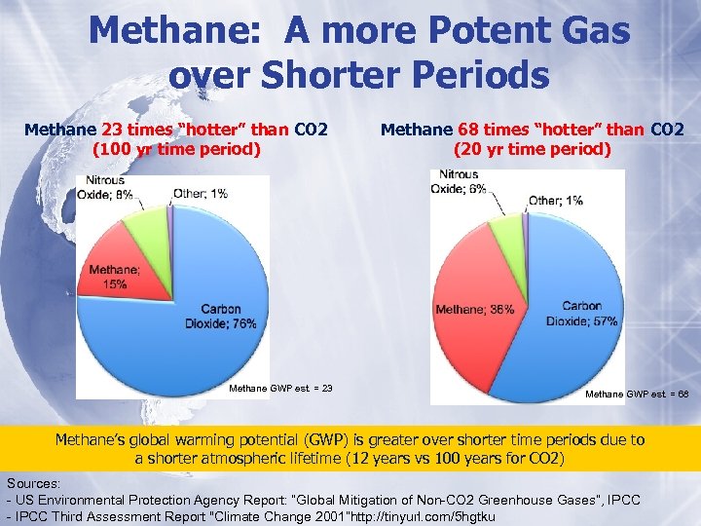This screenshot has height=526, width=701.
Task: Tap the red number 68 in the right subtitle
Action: click(470, 130)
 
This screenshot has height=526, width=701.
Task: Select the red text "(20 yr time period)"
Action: click(532, 150)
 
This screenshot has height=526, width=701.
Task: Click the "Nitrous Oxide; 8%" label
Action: click(108, 187)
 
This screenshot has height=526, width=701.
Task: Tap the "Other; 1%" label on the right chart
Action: click(555, 200)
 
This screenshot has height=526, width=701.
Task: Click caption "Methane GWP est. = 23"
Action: click(280, 388)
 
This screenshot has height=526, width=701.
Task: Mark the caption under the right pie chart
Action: click(637, 394)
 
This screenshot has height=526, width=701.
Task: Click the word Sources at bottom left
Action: click(36, 482)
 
